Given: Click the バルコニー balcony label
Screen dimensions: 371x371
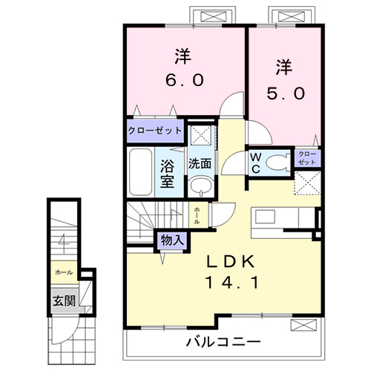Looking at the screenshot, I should pyautogui.click(x=223, y=342).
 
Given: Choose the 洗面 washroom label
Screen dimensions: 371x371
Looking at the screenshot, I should pyautogui.click(x=199, y=163).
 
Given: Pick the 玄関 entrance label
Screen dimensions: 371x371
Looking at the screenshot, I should pyautogui.click(x=63, y=301).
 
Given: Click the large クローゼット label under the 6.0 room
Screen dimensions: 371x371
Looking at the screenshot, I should pyautogui.click(x=155, y=131).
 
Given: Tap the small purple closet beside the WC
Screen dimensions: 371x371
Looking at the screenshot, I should pyautogui.click(x=307, y=157).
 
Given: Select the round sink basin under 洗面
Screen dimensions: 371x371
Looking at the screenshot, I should pyautogui.click(x=199, y=186).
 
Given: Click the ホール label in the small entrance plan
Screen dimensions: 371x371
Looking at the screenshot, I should pyautogui.click(x=63, y=272).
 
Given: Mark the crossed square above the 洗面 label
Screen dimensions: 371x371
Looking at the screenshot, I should pyautogui.click(x=199, y=137).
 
